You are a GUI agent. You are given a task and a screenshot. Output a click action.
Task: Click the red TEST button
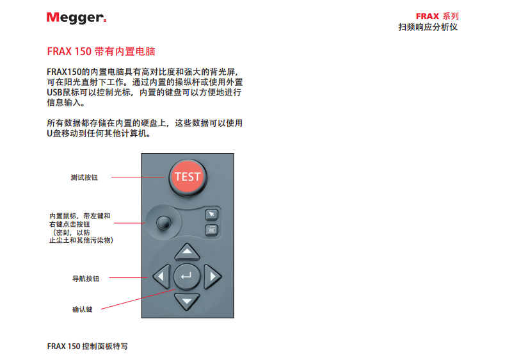pyautogui.click(x=188, y=177)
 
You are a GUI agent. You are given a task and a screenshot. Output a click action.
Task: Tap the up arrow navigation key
pyautogui.click(x=187, y=252)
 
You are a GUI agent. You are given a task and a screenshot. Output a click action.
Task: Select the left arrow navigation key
pyautogui.click(x=162, y=276)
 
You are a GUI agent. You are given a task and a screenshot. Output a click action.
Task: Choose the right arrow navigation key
pyautogui.click(x=212, y=276)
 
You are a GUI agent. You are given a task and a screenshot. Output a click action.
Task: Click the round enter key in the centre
pyautogui.click(x=187, y=276)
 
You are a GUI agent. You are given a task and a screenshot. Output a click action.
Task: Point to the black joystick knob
pyautogui.click(x=164, y=223)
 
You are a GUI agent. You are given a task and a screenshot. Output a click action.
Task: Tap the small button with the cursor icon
pyautogui.click(x=212, y=215)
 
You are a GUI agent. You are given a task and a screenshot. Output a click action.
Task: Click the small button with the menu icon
pyautogui.click(x=212, y=230)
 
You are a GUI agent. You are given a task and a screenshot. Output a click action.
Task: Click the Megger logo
pyautogui.click(x=77, y=18)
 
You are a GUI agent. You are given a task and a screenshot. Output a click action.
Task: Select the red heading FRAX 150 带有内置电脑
pyautogui.click(x=101, y=51)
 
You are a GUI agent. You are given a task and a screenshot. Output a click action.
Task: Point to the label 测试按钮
pyautogui.click(x=84, y=177)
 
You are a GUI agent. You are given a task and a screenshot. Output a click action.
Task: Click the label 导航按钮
pyautogui.click(x=86, y=279)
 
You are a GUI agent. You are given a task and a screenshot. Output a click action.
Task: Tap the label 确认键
pyautogui.click(x=82, y=309)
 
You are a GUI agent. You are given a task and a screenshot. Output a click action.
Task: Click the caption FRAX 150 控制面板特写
pyautogui.click(x=87, y=346)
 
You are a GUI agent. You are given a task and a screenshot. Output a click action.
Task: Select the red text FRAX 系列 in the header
pyautogui.click(x=437, y=16)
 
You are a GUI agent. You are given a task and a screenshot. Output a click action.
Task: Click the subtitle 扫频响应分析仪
pyautogui.click(x=428, y=27)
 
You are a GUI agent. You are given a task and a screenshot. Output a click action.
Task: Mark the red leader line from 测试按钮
pyautogui.click(x=138, y=177)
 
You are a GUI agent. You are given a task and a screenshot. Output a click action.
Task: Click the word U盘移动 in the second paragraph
pyautogui.click(x=62, y=133)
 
